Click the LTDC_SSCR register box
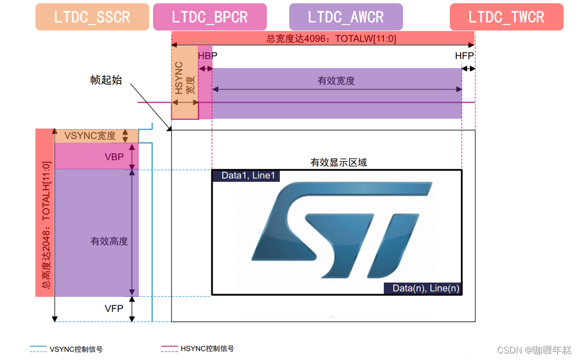coord(92,17)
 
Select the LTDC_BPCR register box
coord(210,17)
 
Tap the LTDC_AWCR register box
coord(346,17)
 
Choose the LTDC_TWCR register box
coord(506,17)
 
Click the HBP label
coord(204,56)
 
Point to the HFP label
coord(465,56)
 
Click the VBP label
coord(114,157)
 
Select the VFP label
coord(114,309)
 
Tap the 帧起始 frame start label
coord(106,80)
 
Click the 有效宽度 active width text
coord(336,81)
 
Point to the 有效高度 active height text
coord(109,241)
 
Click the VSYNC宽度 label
coord(90,136)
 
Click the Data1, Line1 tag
coord(248,175)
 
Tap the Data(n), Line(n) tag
coord(423,289)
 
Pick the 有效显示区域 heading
coord(339,162)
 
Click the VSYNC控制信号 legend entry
coord(76,349)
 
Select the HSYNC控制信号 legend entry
coord(207,349)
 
